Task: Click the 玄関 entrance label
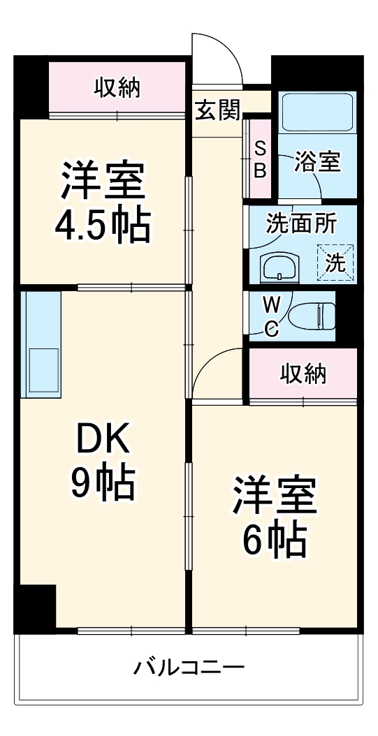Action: [217, 110]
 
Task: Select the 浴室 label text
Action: [318, 162]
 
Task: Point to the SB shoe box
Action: [259, 159]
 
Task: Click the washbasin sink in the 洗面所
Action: [279, 267]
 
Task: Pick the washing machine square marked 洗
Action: [336, 261]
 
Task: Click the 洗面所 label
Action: [301, 224]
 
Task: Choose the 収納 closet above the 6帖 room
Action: [303, 374]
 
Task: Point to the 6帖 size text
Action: [275, 538]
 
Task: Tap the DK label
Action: [103, 441]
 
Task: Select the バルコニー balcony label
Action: [189, 668]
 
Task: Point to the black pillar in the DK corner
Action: [36, 608]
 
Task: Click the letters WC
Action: [270, 316]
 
